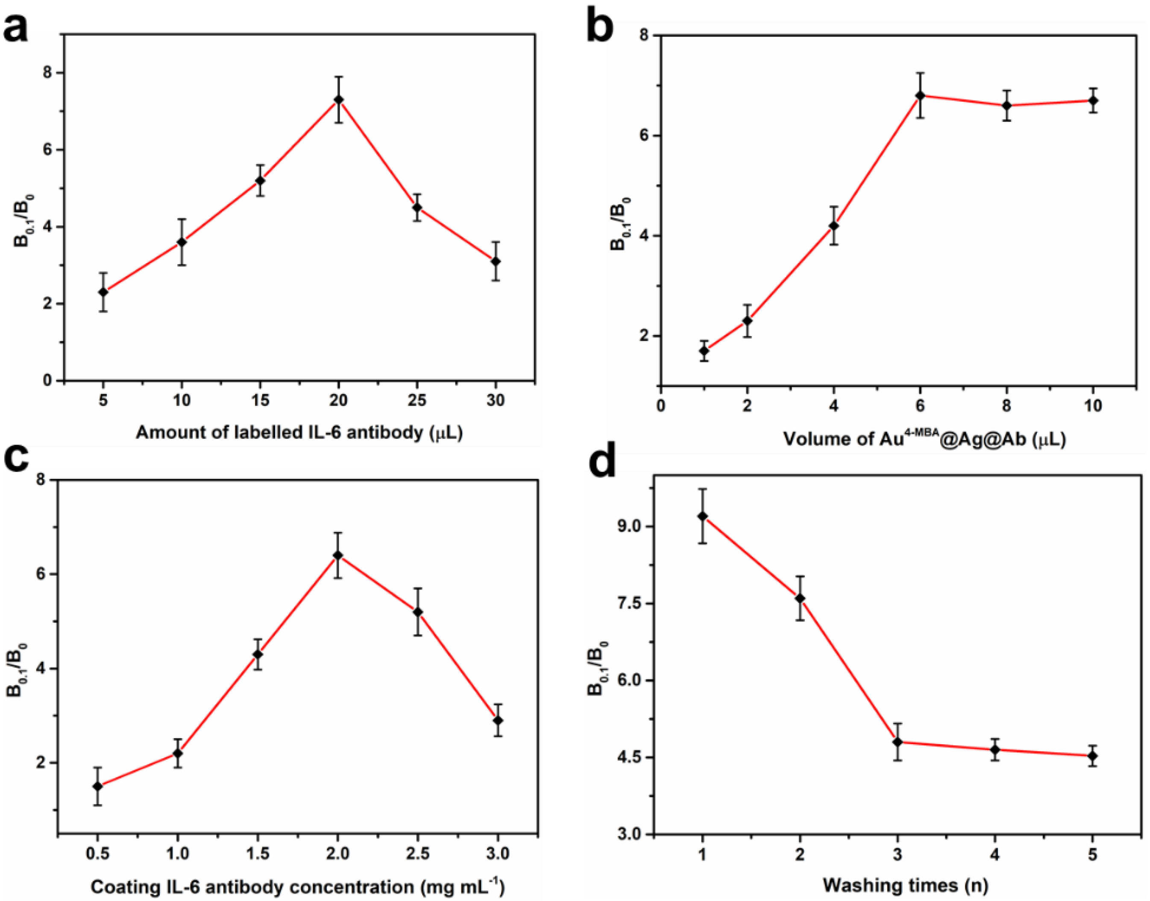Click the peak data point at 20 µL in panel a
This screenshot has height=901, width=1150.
point(339,100)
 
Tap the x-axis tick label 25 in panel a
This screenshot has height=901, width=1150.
point(417,401)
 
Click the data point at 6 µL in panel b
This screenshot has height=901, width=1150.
point(920,95)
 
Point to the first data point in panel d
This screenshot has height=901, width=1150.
point(702,516)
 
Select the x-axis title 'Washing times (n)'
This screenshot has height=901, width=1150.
point(905,885)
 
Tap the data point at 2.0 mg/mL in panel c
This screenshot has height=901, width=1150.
point(337,555)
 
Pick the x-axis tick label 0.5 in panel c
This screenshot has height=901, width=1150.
point(97,853)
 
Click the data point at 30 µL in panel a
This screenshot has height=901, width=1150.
point(496,261)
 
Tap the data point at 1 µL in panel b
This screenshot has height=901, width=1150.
point(704,351)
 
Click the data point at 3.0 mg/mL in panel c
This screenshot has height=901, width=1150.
point(497,721)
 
